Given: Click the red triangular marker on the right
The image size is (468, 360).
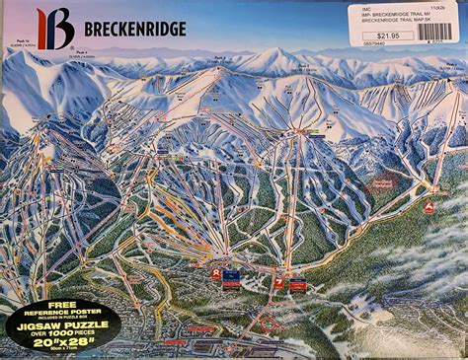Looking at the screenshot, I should pyautogui.click(x=429, y=207).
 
